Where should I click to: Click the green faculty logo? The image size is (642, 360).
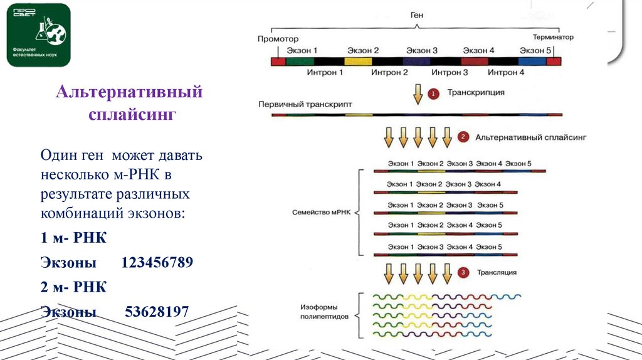pos(38,35)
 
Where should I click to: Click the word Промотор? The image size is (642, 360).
pos(274,38)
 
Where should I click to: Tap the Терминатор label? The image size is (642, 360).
pos(553,38)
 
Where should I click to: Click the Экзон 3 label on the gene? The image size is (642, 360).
pos(421,50)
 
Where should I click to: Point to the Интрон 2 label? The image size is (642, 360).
pos(389,73)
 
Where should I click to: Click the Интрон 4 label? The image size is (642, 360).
pos(506,73)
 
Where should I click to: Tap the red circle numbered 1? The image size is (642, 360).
pos(433,93)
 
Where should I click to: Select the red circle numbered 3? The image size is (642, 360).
pos(463,272)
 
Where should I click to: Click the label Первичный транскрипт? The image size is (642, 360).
pos(305,103)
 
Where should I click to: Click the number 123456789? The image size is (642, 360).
pos(157,262)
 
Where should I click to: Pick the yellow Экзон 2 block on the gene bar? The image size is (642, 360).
pos(358,61)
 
